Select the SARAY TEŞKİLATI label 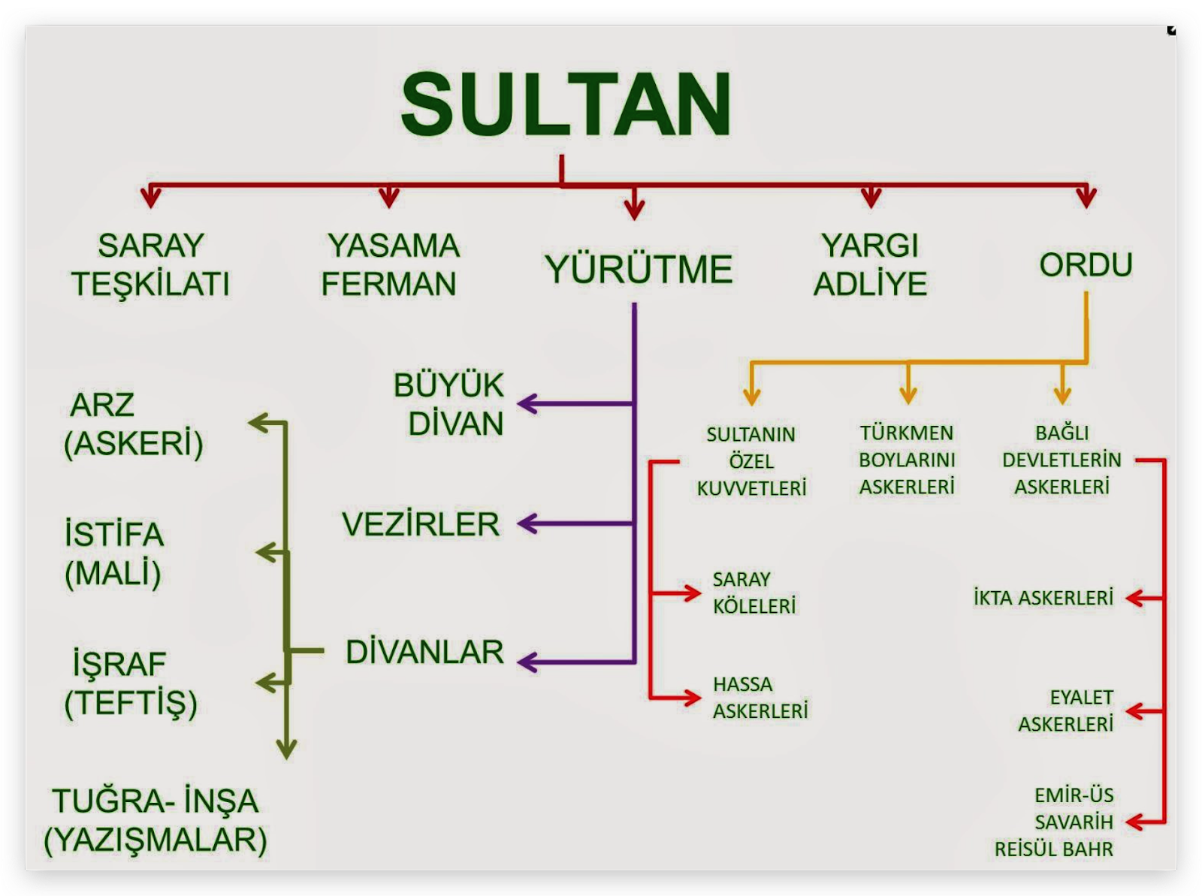coord(151,264)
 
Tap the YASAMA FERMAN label coord(390,264)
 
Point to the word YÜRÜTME coord(639,270)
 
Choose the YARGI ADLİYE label coord(870,264)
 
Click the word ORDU coord(1086,264)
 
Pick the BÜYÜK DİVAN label coord(449,404)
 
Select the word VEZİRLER coord(421,524)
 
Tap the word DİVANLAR coord(424,652)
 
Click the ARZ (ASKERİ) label coord(133,424)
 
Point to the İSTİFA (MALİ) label coord(113,554)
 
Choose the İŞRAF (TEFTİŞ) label coord(130,683)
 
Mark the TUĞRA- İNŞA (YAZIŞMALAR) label coord(156,820)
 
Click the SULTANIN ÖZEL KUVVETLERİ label coord(751,461)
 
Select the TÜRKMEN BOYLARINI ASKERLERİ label coord(907,460)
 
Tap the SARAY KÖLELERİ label coord(754,593)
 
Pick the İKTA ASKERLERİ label coord(1043,598)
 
